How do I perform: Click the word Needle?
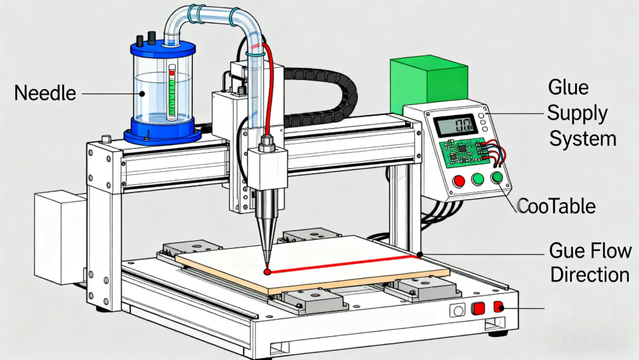[x=45, y=93]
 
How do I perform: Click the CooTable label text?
[x=556, y=206]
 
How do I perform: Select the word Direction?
[x=589, y=275]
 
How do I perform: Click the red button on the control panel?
[x=458, y=181]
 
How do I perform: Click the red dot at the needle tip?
[x=268, y=272]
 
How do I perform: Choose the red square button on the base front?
[x=477, y=309]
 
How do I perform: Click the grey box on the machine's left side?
[x=58, y=237]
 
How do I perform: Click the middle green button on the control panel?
[x=478, y=180]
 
